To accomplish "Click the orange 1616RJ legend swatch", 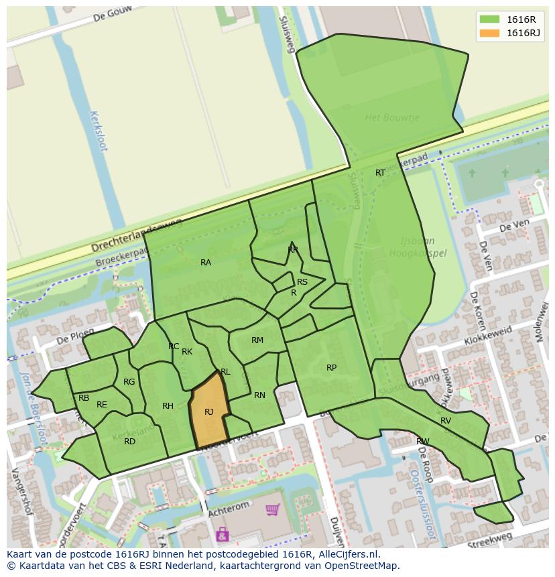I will point(489,33).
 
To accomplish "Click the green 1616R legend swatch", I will point(489,19).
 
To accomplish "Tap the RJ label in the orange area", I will point(208,412).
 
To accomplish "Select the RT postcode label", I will point(380,173).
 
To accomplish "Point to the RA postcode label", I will point(206,263).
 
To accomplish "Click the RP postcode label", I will point(331,368).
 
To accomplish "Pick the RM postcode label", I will point(257,340).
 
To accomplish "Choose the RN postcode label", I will point(259,395).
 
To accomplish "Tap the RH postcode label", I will point(168,406).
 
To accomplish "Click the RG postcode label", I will point(129,382).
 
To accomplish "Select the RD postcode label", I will point(129,441).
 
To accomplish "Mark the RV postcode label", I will point(446,421).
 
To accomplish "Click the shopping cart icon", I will point(273,511).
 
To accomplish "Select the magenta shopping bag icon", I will point(222,534).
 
